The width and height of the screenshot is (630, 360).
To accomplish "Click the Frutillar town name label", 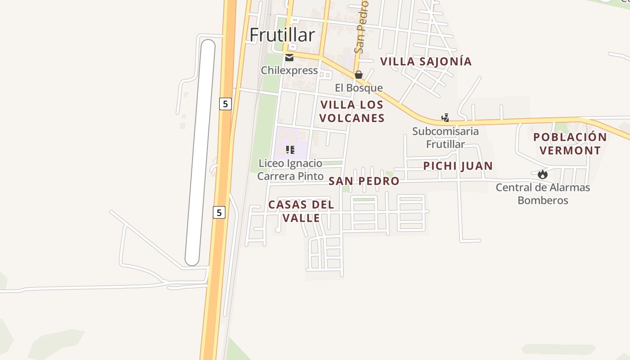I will (282, 35).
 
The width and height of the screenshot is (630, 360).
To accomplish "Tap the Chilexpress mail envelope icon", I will (289, 58).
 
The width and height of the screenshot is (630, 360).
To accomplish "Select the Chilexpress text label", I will (289, 71).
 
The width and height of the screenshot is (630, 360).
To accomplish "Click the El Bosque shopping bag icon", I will (359, 75).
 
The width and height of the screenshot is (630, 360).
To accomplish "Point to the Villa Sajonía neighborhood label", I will (426, 62).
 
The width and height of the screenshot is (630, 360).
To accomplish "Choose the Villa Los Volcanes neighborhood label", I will (352, 112).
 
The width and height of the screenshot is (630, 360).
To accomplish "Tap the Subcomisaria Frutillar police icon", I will (445, 118).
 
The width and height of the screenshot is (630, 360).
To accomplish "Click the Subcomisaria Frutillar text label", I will (445, 138).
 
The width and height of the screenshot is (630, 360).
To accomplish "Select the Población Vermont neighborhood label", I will (570, 144).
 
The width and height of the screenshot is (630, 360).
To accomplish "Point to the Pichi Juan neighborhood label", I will (458, 166).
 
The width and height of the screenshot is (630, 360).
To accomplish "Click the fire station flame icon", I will (543, 174).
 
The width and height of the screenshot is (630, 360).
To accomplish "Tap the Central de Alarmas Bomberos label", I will (543, 193).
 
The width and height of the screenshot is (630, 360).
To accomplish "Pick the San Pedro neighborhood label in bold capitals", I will (364, 181).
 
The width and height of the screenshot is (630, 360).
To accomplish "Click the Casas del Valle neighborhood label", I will (301, 211).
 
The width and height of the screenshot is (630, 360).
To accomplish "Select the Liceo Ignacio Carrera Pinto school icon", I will (290, 150).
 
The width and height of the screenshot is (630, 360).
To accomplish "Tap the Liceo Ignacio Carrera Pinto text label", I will (290, 170).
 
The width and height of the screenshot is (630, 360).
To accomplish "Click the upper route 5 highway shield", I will (225, 104).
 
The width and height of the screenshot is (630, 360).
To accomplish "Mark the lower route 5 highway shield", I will (219, 212).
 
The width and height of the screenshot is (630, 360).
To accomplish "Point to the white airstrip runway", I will (200, 153).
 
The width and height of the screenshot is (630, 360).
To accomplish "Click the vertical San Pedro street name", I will (361, 27).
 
